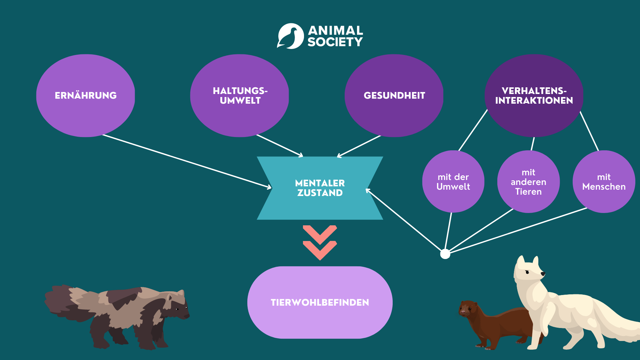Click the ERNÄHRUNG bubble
point(86,96)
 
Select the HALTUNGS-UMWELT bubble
point(240,96)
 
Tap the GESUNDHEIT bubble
point(394,96)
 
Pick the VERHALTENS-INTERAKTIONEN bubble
point(534,96)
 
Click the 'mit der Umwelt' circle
point(453,182)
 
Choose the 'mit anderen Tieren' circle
point(529,182)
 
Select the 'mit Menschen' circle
point(604,182)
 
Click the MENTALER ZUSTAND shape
point(320,188)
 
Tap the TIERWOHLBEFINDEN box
point(320,302)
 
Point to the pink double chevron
point(320,243)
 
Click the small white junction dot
point(445,254)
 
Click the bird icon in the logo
point(290,36)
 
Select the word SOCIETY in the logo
point(335,42)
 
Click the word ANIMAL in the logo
point(335,31)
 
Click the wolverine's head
point(176,305)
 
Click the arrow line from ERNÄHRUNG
point(187,161)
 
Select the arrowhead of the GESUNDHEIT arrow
point(339,155)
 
